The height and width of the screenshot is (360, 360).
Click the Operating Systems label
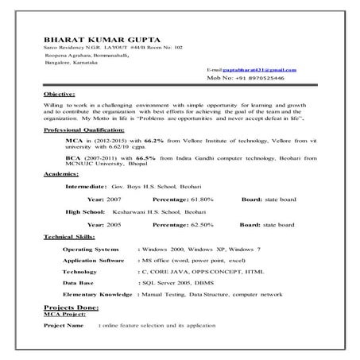pos(91,250)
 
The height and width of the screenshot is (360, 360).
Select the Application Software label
pos(93,260)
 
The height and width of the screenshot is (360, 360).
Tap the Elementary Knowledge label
pos(97,294)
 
